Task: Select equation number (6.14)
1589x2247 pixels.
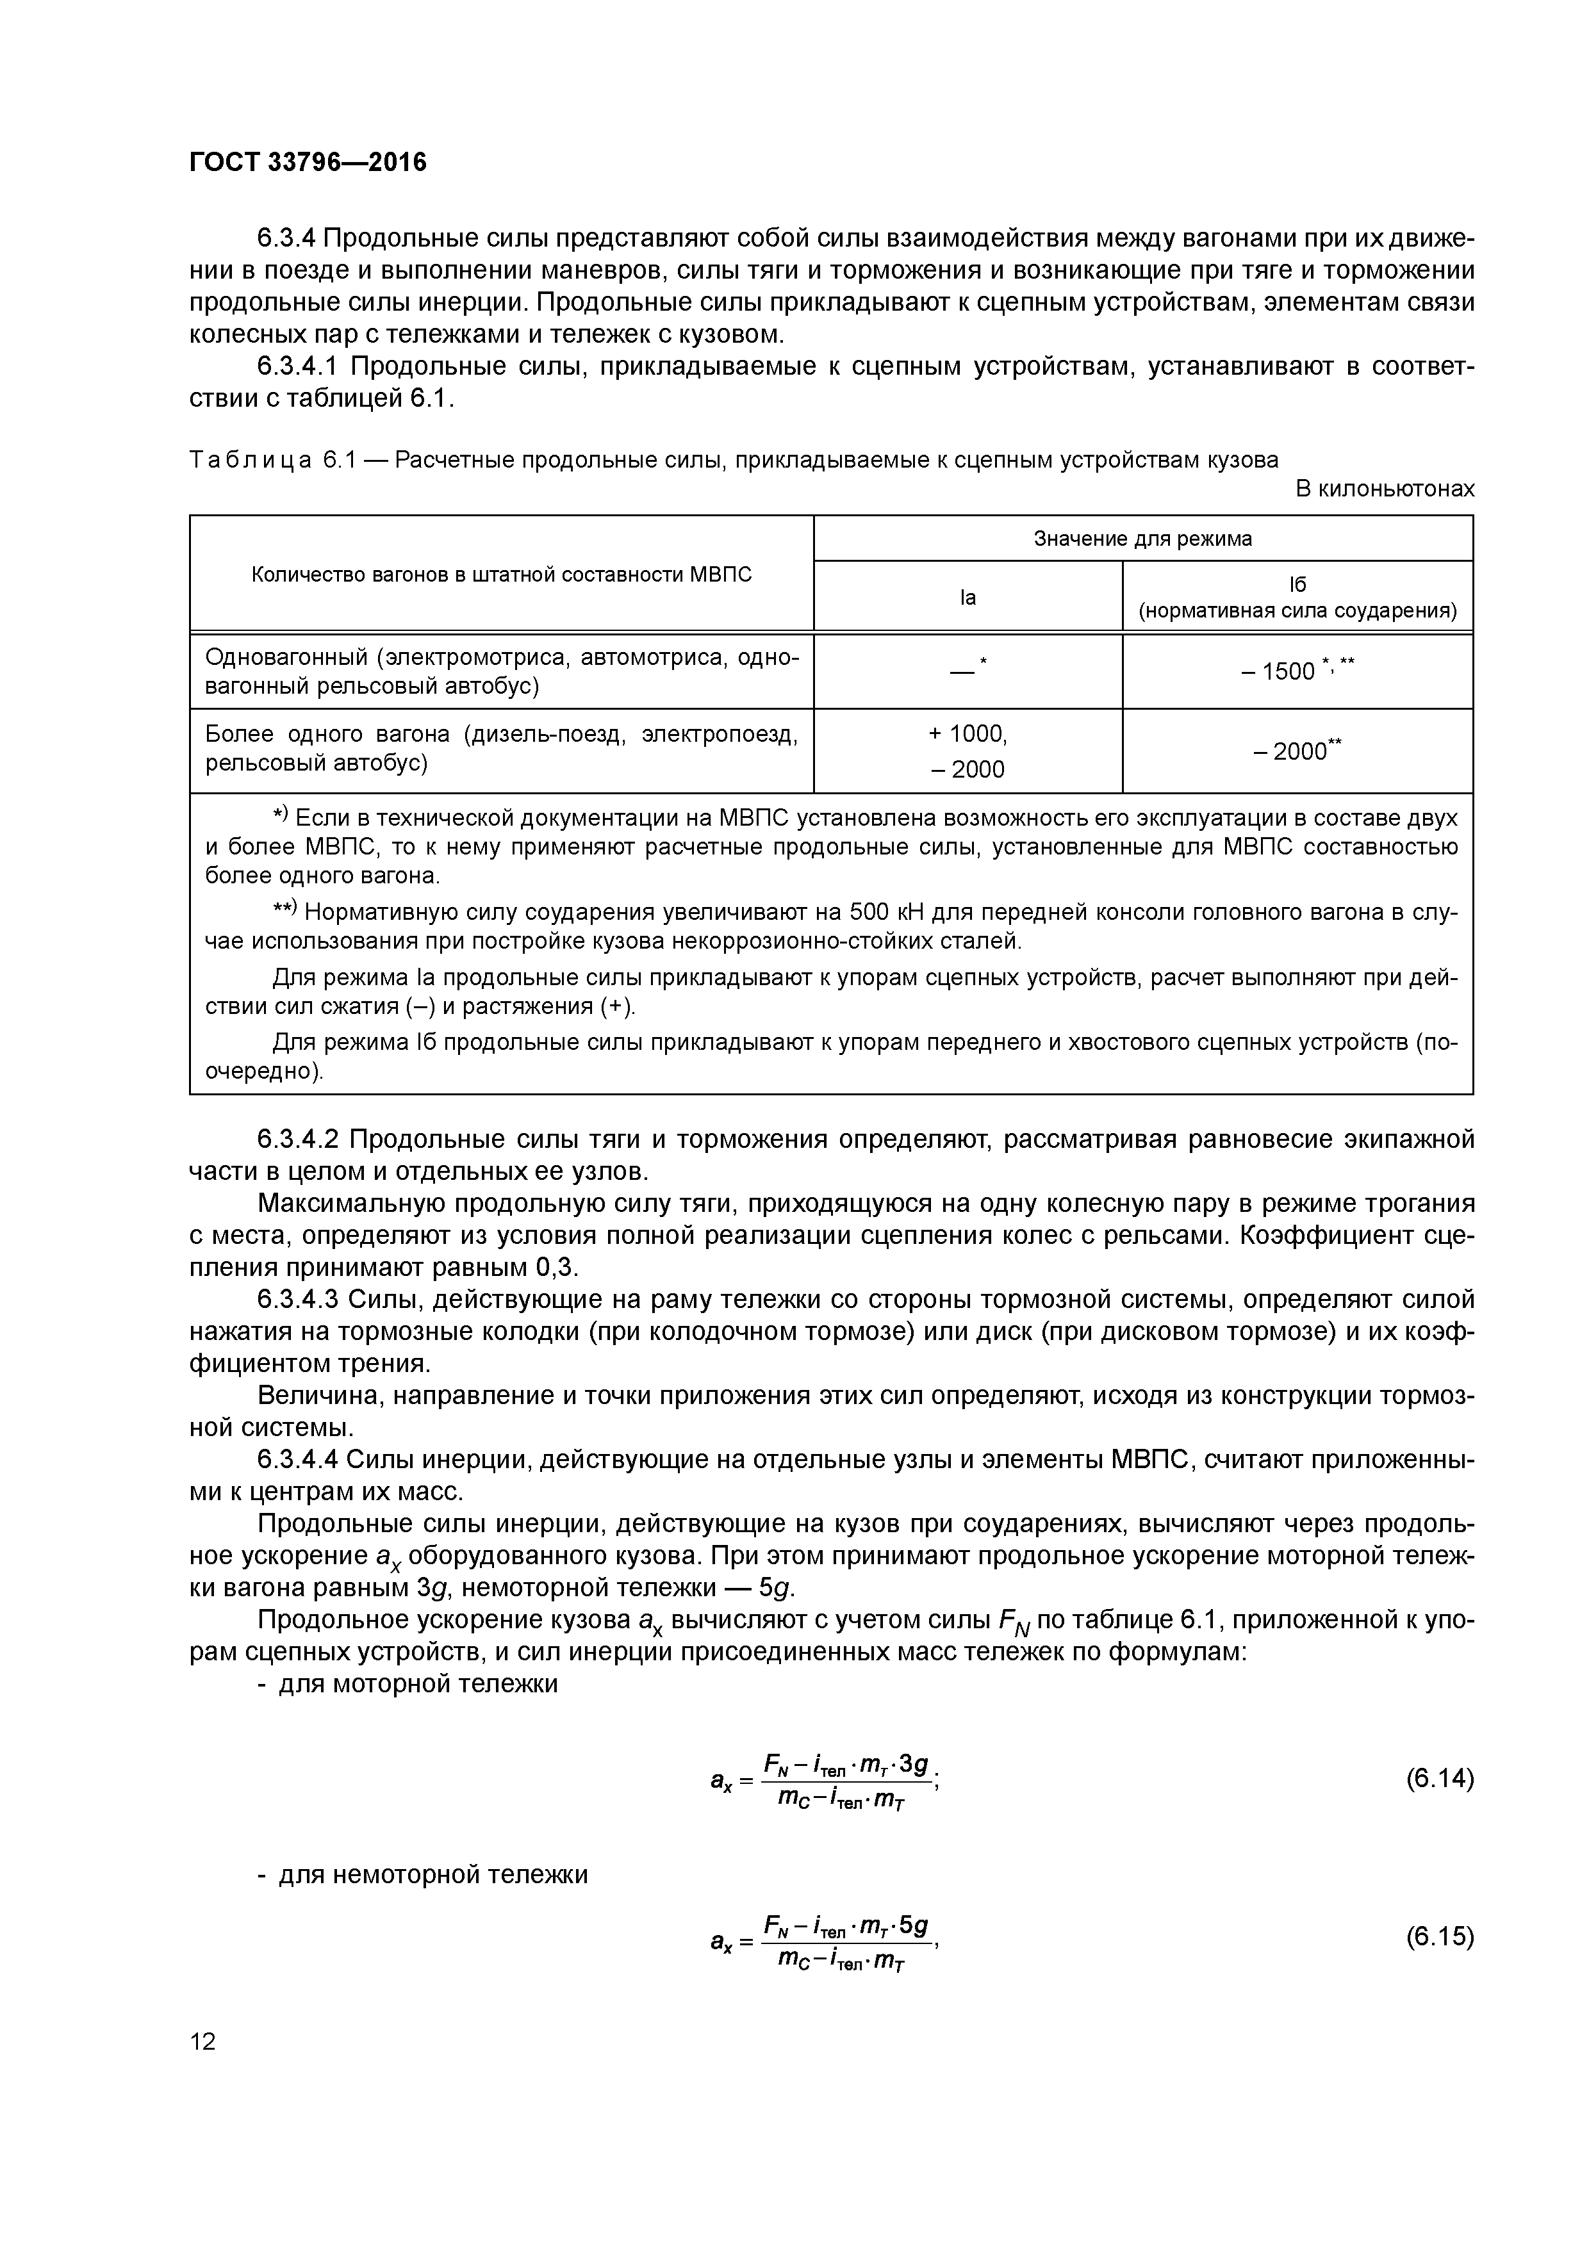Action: [1439, 1777]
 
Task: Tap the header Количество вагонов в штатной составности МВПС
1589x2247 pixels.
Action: [501, 575]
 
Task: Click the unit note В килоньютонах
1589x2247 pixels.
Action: [1385, 488]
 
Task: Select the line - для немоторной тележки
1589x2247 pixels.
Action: [422, 1874]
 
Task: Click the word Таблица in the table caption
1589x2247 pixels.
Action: [250, 460]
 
